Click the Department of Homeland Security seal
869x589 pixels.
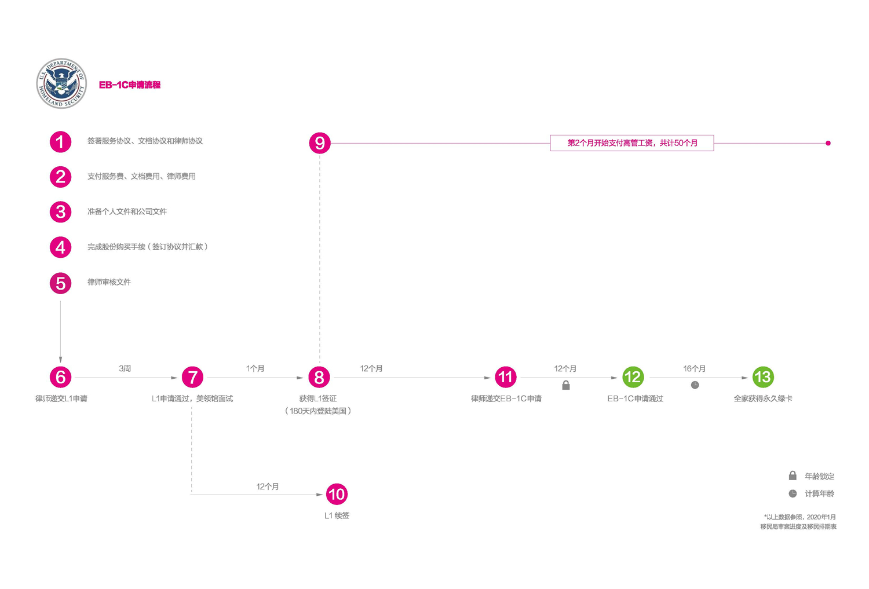click(x=61, y=83)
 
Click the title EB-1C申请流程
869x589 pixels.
click(x=130, y=85)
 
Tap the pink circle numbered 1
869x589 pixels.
click(x=60, y=142)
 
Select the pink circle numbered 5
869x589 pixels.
click(x=60, y=283)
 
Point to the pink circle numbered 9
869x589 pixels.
click(x=320, y=143)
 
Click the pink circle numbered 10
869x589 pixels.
click(x=337, y=495)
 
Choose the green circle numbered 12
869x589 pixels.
click(x=633, y=378)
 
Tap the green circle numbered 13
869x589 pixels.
click(x=762, y=378)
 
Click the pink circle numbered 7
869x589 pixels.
click(x=192, y=378)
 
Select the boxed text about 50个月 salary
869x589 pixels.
click(x=631, y=143)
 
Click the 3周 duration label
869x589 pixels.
click(x=125, y=368)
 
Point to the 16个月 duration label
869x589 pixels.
click(x=694, y=368)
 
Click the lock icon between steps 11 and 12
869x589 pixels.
click(x=566, y=385)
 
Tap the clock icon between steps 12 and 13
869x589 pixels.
click(x=695, y=385)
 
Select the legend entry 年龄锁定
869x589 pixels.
click(x=812, y=476)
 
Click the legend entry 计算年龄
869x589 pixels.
click(x=812, y=493)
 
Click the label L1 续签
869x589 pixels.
click(x=337, y=515)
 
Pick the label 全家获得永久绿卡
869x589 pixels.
click(x=762, y=398)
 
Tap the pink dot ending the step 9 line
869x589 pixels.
click(x=828, y=143)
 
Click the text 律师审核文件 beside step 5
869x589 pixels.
click(x=109, y=282)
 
